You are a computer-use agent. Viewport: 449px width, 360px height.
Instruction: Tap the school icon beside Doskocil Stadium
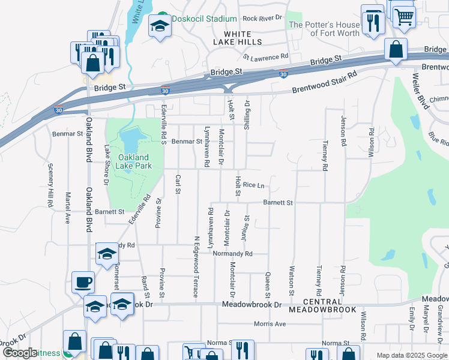point(160,26)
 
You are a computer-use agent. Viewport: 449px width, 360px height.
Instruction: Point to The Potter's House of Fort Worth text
point(324,29)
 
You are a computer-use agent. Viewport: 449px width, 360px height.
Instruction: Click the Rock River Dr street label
point(262,19)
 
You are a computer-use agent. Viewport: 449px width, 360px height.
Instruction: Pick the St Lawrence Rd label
point(266,57)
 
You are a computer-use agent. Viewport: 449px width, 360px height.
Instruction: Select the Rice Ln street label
point(253,186)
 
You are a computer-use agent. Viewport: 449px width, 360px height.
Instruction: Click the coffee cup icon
point(83,281)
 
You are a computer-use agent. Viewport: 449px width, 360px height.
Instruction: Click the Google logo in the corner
point(20,353)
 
